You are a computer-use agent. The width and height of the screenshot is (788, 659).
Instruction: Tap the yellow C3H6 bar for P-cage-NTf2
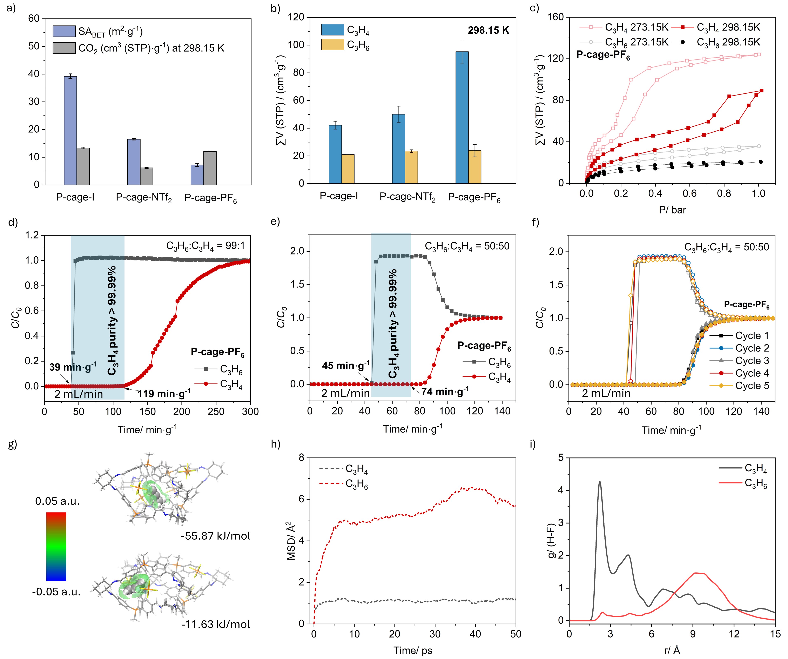(411, 167)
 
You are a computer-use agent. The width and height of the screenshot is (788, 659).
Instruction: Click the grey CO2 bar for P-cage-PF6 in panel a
(210, 168)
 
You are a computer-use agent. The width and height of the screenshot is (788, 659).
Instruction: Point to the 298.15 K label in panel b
(488, 30)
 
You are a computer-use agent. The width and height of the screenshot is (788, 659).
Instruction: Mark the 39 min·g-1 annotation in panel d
(73, 367)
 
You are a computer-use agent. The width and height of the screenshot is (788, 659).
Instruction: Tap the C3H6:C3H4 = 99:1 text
(205, 246)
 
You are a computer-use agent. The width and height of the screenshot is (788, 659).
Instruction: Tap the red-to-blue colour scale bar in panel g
(56, 546)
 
